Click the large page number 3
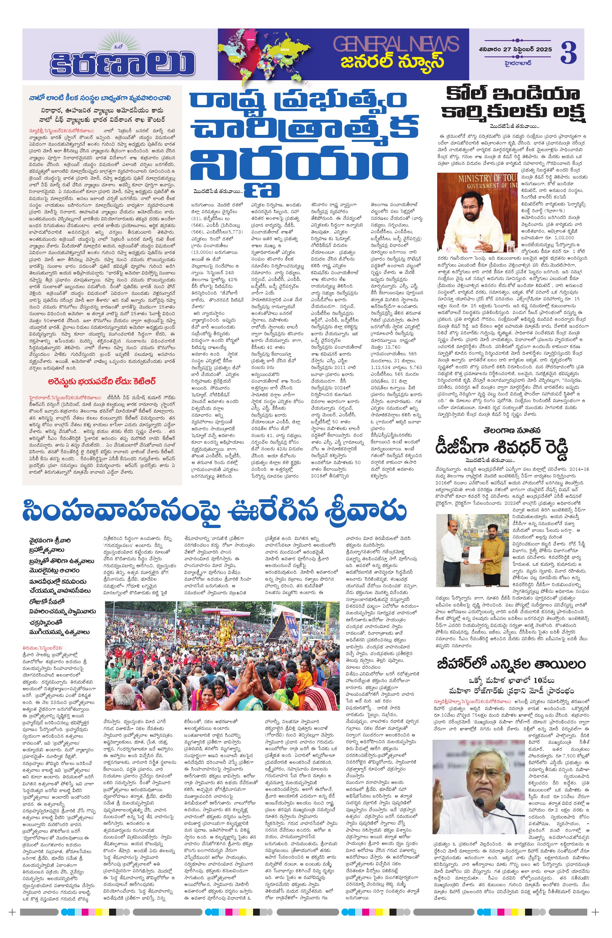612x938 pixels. pos(568,52)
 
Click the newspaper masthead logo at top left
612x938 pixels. pos(122,58)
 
